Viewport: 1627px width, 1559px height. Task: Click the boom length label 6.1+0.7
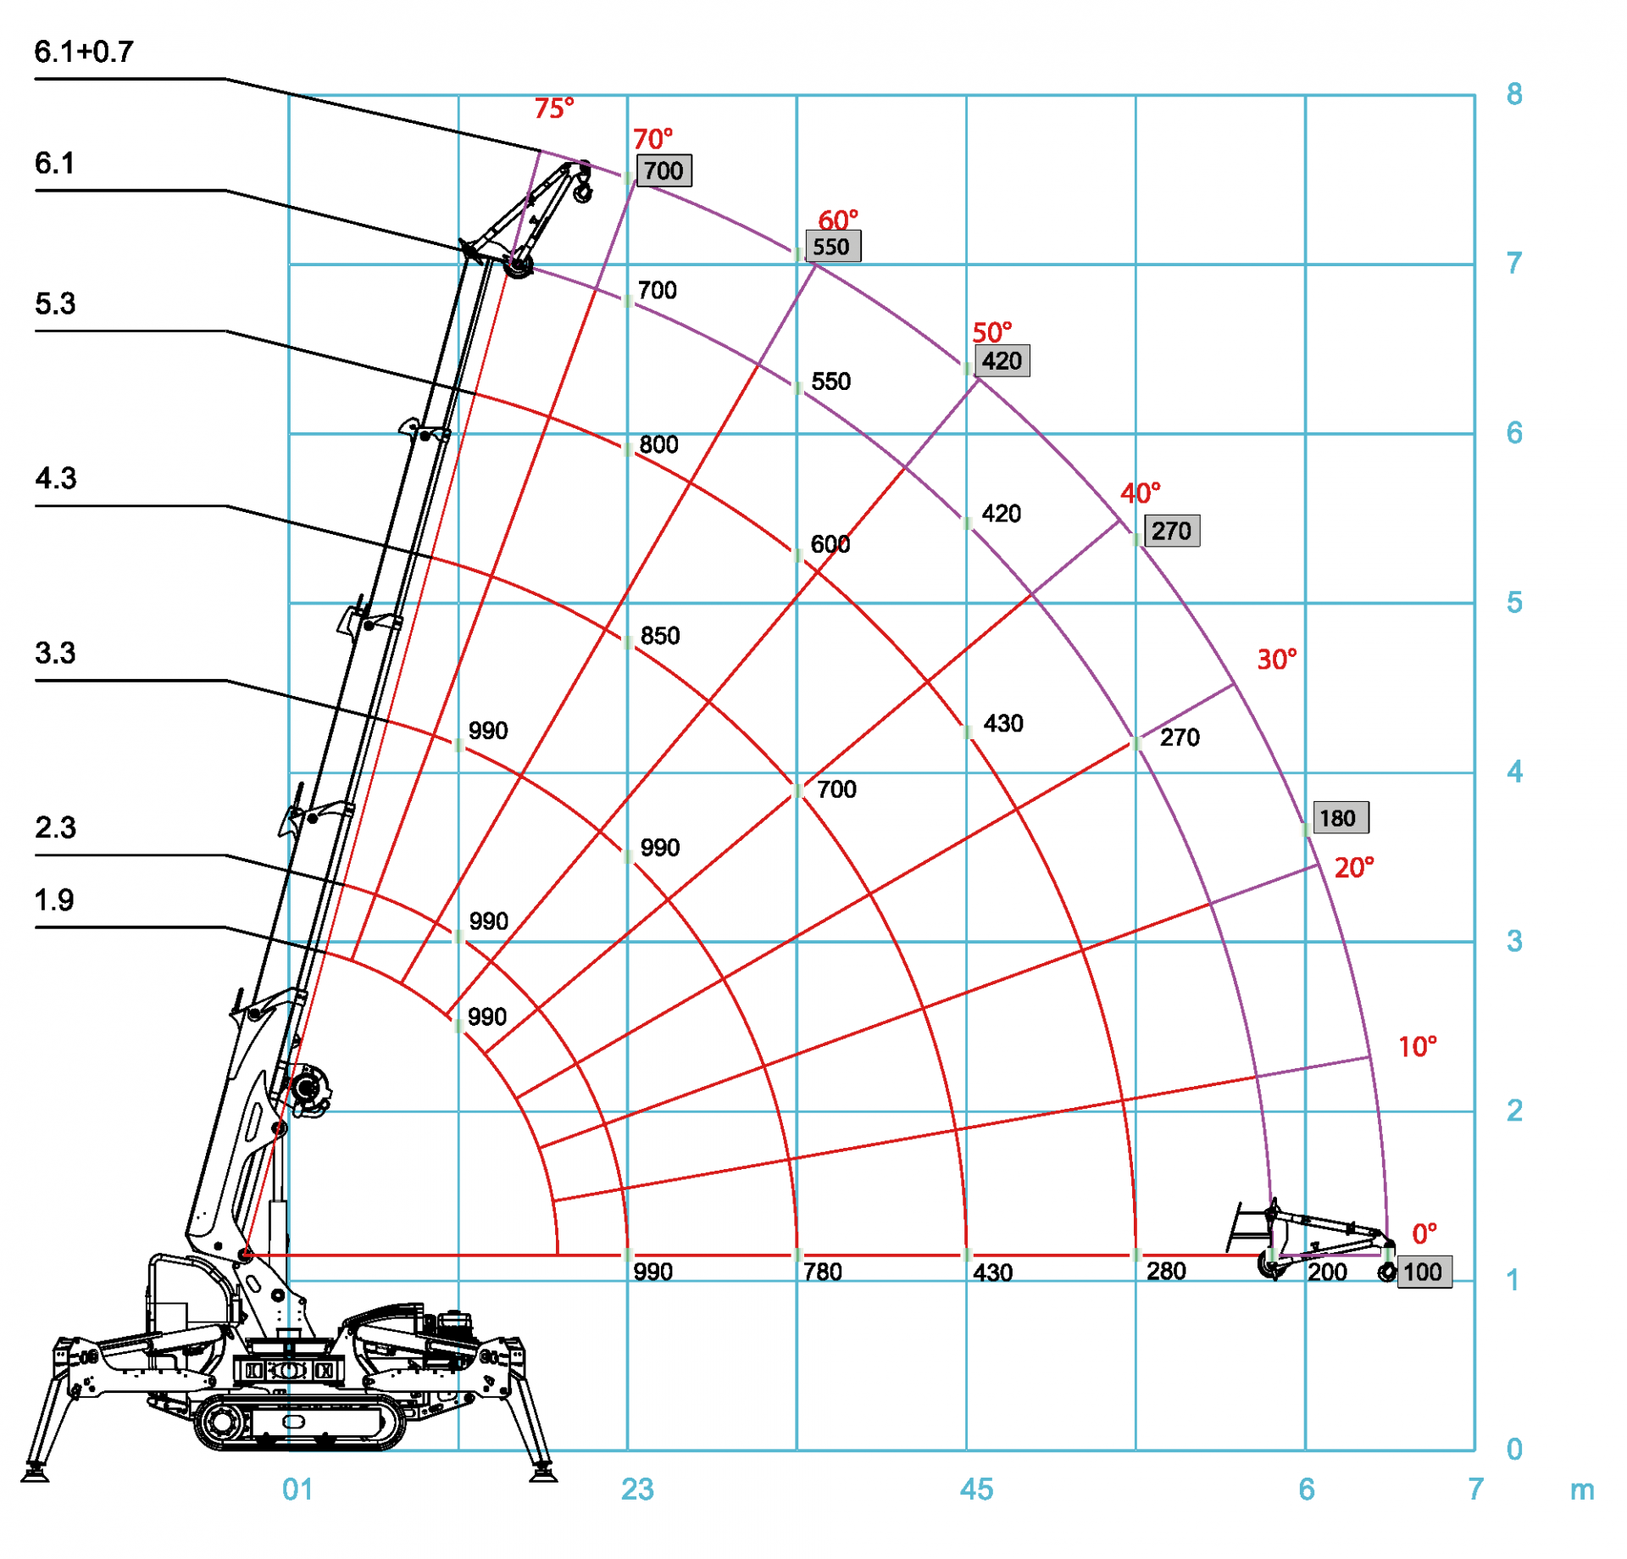click(x=84, y=53)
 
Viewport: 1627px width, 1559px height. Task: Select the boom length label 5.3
click(x=55, y=304)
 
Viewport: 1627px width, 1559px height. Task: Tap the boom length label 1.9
click(x=54, y=900)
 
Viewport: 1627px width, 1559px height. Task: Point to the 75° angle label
click(x=553, y=109)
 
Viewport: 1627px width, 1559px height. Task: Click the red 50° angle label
click(x=991, y=332)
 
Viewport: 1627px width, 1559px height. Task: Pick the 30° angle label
click(x=1276, y=660)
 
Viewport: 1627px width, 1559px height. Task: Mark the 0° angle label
click(x=1424, y=1233)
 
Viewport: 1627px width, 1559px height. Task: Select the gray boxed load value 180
click(x=1340, y=818)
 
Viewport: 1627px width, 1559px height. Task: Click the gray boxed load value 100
click(x=1424, y=1272)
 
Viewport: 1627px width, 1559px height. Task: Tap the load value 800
click(x=658, y=445)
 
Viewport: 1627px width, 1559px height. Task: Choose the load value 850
click(x=660, y=636)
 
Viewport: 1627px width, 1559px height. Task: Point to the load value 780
click(x=822, y=1272)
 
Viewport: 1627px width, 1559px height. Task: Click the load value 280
click(x=1166, y=1271)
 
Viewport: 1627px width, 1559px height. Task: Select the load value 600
click(x=830, y=544)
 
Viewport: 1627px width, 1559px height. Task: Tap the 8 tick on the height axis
click(x=1514, y=94)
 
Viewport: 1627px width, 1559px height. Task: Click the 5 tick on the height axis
click(x=1514, y=603)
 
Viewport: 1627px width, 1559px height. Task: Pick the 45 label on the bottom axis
click(x=976, y=1489)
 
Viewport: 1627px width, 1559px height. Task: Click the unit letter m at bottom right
click(x=1581, y=1490)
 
